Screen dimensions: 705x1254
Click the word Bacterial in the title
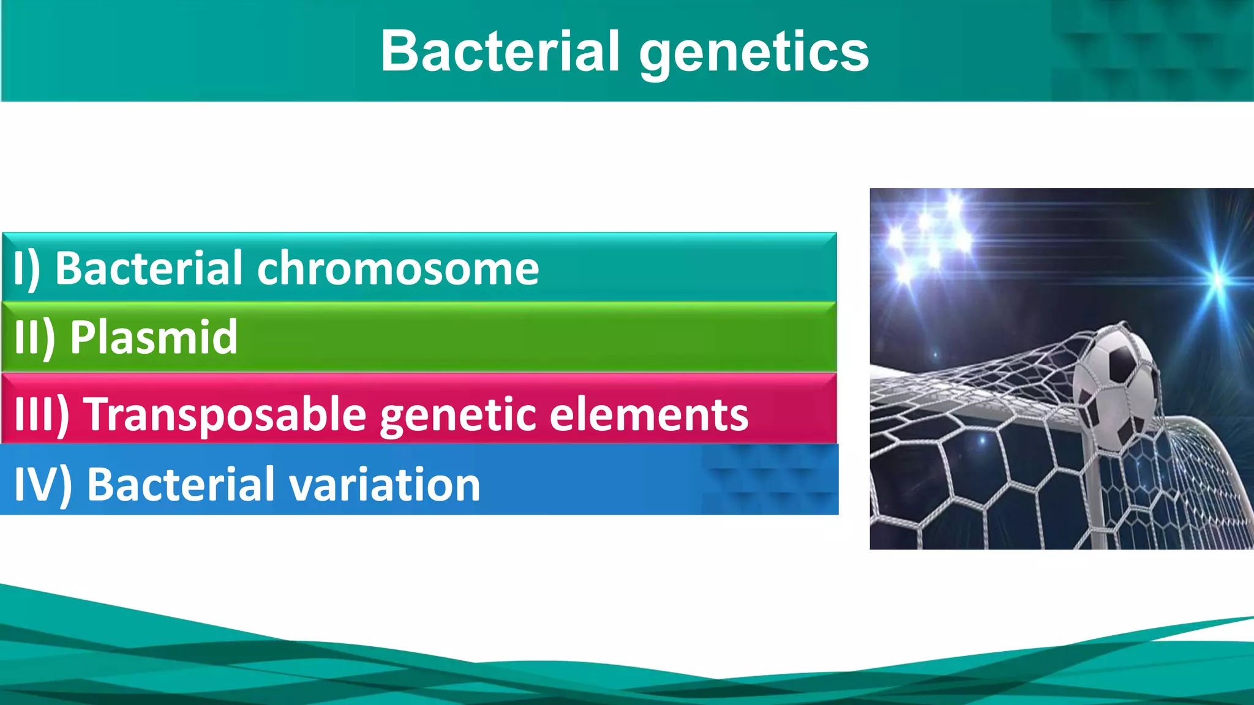tap(499, 51)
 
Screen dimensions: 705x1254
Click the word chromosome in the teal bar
tap(398, 269)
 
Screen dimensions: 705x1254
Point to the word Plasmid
tap(153, 337)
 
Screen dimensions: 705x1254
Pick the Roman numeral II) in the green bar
tap(34, 338)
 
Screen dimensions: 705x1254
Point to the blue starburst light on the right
tap(1218, 278)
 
